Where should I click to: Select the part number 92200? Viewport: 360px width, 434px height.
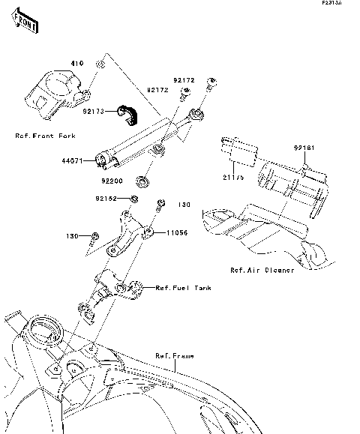coord(112,180)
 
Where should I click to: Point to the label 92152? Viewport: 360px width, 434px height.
coord(106,199)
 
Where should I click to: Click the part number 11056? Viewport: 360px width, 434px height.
coord(172,233)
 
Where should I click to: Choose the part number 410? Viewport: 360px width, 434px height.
coord(76,63)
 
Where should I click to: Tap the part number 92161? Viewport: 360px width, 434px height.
coord(304,148)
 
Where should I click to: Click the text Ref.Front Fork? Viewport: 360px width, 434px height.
coord(45,136)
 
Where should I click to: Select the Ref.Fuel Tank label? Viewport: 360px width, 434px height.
coord(183,287)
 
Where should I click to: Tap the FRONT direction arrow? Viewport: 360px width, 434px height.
coord(25,23)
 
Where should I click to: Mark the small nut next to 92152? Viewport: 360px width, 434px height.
coord(133,199)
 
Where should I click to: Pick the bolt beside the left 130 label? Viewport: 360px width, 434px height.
coord(94,238)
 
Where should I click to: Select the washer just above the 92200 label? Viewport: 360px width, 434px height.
coord(140,181)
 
